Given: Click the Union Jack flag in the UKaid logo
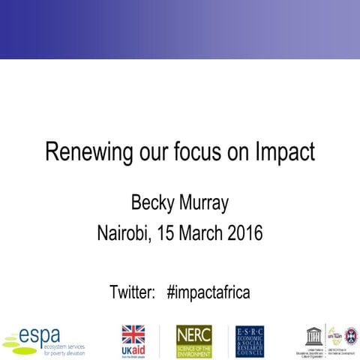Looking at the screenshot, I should (x=133, y=334).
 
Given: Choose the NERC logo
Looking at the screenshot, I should (x=193, y=341).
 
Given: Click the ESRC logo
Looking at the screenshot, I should (x=250, y=341).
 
